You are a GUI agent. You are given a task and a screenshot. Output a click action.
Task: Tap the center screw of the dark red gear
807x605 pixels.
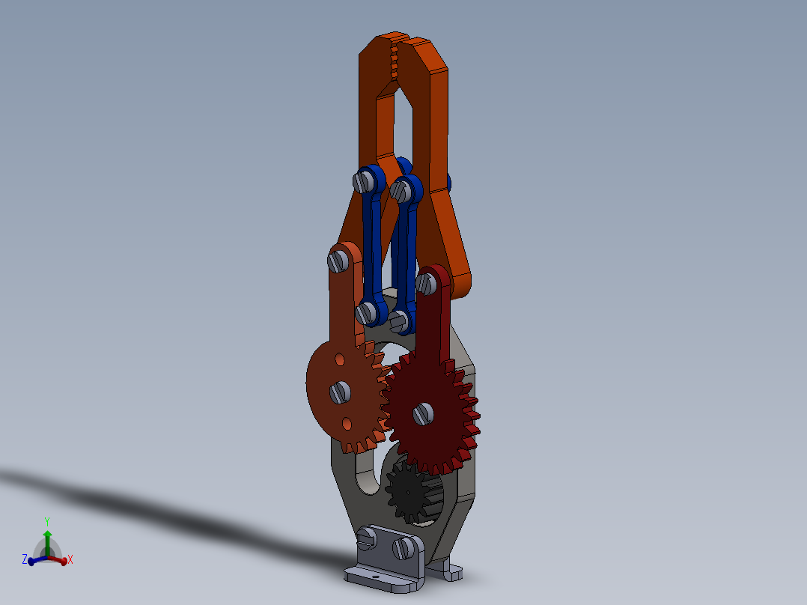point(423,413)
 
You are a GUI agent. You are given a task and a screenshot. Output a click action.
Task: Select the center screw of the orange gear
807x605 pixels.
point(340,390)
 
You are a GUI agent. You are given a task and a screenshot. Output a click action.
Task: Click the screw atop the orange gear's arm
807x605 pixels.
point(338,261)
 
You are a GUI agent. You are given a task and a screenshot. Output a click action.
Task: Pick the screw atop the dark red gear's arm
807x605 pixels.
point(427,282)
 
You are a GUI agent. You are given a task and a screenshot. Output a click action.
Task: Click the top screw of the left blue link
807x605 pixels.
point(365,180)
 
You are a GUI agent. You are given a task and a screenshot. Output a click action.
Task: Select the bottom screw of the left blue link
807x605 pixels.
point(366,312)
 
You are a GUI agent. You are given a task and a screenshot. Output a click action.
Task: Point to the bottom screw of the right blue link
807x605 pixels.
point(401,321)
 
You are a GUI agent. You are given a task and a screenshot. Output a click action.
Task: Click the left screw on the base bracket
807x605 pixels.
point(367,537)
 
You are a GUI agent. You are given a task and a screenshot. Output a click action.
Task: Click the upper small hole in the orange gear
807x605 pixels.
point(341,359)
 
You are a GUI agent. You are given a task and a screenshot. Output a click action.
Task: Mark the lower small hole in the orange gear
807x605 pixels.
point(347,423)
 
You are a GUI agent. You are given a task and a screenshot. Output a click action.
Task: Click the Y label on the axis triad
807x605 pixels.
point(46,520)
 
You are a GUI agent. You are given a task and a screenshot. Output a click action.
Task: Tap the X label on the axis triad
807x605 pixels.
point(70,559)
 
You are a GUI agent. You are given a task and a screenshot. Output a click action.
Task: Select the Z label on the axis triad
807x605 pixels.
point(24,559)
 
